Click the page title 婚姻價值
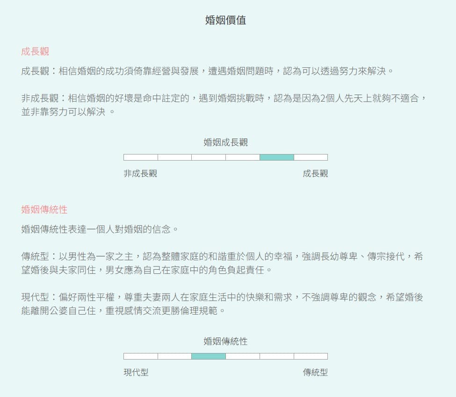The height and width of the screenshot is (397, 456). click(x=226, y=20)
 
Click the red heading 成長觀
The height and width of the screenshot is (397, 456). click(x=35, y=51)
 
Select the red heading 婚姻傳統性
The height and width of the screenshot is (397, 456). click(x=44, y=210)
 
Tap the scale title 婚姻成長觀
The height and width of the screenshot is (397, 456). click(x=226, y=142)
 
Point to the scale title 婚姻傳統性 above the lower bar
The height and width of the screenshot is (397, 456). click(x=226, y=341)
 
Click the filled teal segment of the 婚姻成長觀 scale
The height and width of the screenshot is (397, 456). click(x=277, y=157)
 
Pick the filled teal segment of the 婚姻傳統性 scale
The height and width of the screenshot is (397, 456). click(x=209, y=356)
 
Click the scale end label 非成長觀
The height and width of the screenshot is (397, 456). click(x=140, y=174)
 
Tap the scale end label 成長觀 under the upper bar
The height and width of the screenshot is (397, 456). click(x=315, y=174)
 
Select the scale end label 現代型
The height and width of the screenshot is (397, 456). click(x=136, y=372)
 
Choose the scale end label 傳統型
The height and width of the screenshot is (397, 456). click(x=315, y=372)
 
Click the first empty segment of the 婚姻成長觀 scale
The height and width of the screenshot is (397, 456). click(x=141, y=157)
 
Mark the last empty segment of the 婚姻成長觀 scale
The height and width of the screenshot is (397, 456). click(x=311, y=157)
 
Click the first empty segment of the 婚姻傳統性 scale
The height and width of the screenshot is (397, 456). click(x=141, y=356)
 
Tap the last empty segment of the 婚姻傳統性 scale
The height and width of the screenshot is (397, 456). click(x=311, y=356)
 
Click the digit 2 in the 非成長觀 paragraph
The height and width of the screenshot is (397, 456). click(x=323, y=98)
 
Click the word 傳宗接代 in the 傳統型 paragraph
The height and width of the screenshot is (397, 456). click(x=386, y=257)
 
